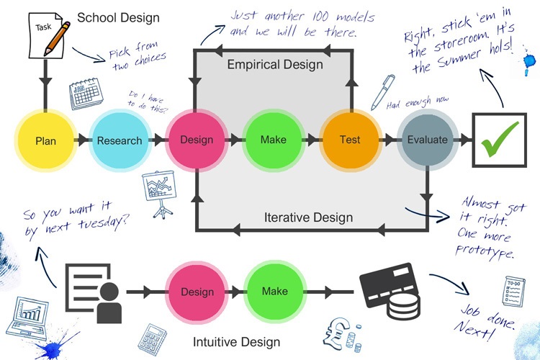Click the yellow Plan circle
point(45,140)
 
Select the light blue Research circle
point(120,140)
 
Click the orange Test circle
point(349,140)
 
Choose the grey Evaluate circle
point(428,140)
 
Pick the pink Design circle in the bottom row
point(197,292)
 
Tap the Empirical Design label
point(275,65)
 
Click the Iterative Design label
point(308,217)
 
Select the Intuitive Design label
point(236,341)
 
